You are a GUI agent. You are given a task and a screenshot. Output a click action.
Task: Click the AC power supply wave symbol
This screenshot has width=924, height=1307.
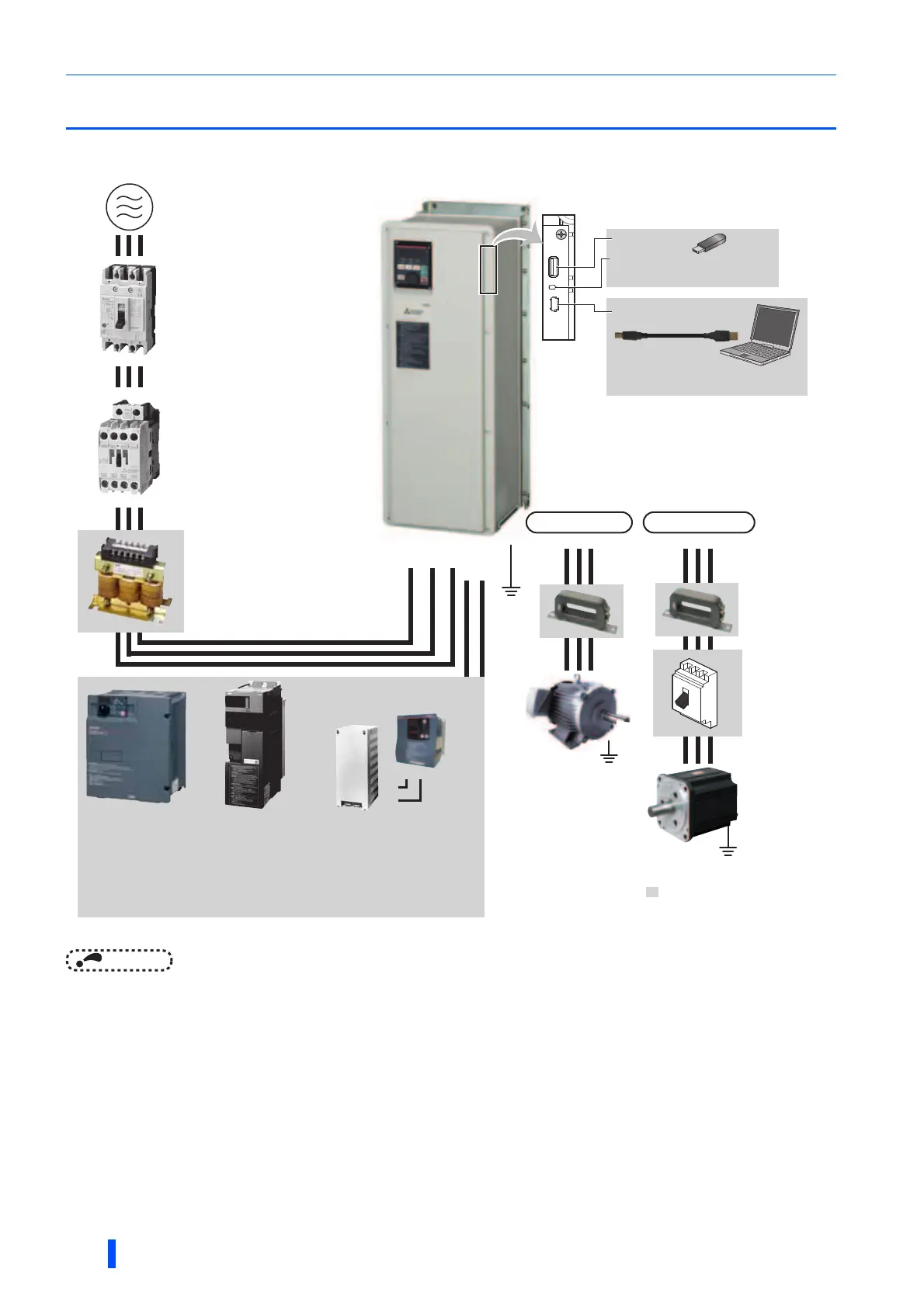coord(129,207)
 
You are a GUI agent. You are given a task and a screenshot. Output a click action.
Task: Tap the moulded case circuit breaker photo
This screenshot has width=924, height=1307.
coord(128,308)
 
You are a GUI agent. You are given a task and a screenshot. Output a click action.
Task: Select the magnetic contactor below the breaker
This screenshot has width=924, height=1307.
coord(129,447)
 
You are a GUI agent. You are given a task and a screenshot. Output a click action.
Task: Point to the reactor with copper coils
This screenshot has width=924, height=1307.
coord(130,581)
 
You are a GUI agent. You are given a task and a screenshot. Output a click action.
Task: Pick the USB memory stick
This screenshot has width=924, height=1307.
coord(708,243)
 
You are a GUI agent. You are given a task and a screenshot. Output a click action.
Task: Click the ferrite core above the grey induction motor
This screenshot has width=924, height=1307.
coord(581,611)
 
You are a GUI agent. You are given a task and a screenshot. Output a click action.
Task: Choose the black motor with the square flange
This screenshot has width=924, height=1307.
coord(693,804)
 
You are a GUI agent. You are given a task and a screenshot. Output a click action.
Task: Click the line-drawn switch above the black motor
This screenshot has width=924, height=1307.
coord(696,693)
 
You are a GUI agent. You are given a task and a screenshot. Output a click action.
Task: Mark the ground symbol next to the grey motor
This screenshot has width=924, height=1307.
coord(610,753)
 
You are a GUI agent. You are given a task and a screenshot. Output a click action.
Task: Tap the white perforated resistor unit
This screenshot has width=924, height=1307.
coord(357,768)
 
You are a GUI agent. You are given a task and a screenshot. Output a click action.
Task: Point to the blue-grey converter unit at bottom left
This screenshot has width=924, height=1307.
coord(136,746)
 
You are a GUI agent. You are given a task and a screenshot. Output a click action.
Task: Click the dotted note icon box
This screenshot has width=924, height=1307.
coord(119,960)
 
